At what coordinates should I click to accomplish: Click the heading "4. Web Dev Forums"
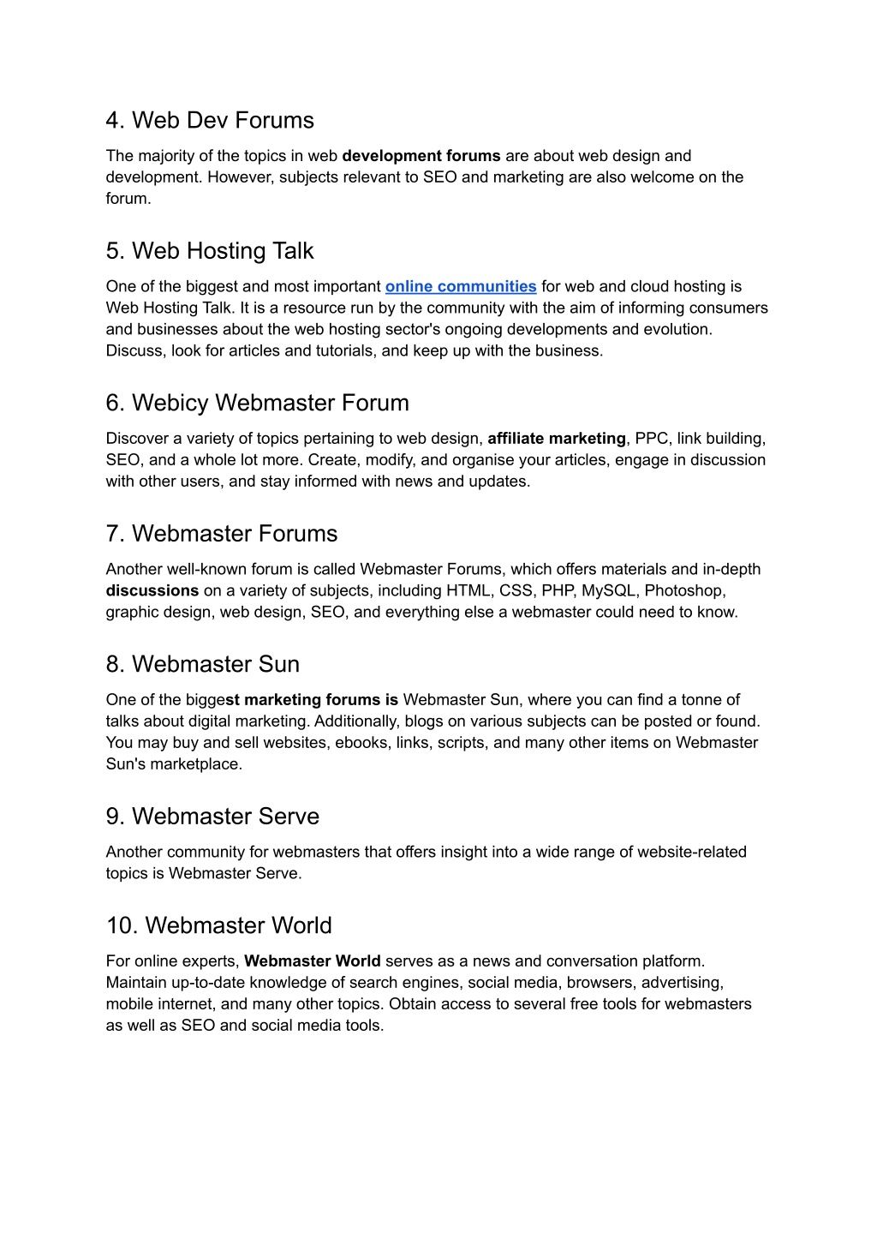[210, 121]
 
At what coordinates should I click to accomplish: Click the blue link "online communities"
[461, 287]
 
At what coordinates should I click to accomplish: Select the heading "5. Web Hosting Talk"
[210, 251]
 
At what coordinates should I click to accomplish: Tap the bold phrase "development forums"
[421, 156]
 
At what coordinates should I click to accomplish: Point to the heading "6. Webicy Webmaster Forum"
[258, 403]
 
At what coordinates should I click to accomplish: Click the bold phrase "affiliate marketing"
[557, 439]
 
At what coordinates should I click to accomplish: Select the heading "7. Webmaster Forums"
[222, 534]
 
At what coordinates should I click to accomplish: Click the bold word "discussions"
[152, 591]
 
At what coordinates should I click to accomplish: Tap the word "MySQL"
[609, 591]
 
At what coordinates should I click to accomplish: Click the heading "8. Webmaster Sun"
[203, 665]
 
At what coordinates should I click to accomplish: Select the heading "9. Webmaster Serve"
[212, 817]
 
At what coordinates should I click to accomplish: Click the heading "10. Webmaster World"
[219, 926]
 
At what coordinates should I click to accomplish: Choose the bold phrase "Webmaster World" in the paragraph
[313, 961]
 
